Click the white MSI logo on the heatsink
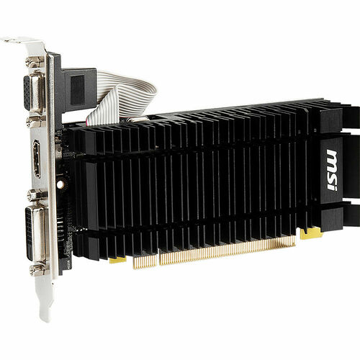[331, 169]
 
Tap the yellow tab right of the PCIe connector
[310, 233]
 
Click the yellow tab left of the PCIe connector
[117, 259]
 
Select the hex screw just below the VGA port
[34, 122]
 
